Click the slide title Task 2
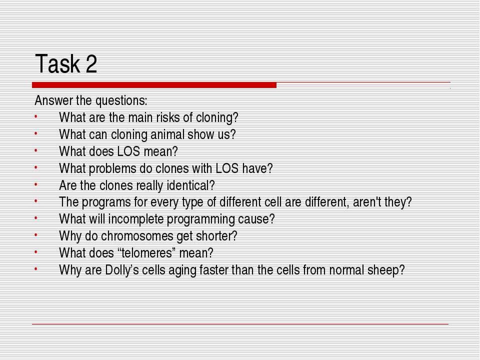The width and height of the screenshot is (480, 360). pyautogui.click(x=66, y=63)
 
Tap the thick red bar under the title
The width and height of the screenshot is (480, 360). pyautogui.click(x=154, y=85)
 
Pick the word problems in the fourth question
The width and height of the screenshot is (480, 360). pyautogui.click(x=112, y=168)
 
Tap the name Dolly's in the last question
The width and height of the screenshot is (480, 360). pyautogui.click(x=122, y=270)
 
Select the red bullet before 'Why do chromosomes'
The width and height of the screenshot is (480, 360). pyautogui.click(x=36, y=235)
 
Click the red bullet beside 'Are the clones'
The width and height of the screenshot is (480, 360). pyautogui.click(x=36, y=184)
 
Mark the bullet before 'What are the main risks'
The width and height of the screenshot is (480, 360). pyautogui.click(x=36, y=116)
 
